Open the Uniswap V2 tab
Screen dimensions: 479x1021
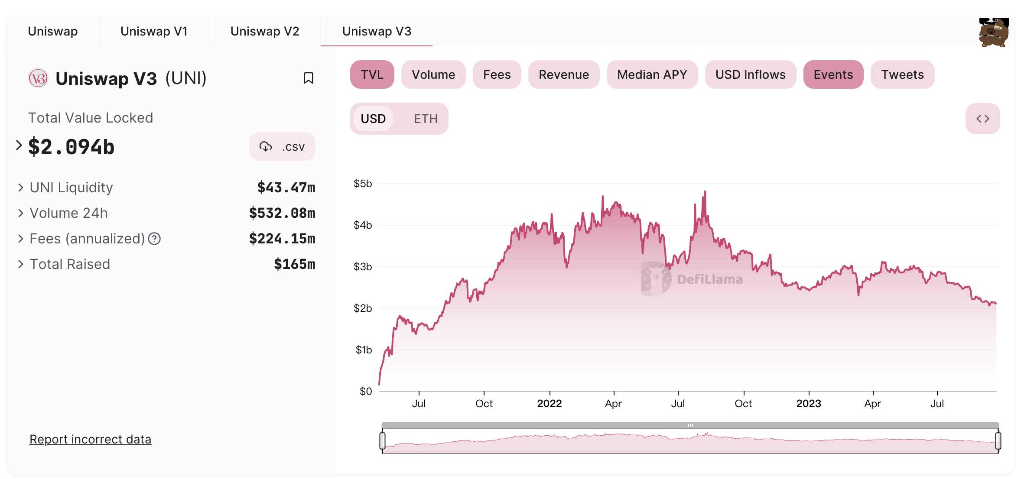tap(265, 32)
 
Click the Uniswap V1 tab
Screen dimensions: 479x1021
tap(154, 32)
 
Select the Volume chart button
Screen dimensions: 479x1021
tap(433, 74)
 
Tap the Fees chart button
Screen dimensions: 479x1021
tap(497, 74)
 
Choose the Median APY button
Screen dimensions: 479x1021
tap(652, 74)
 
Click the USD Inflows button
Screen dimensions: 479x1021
tap(750, 74)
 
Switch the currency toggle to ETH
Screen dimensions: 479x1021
tap(426, 119)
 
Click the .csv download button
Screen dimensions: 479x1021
tap(282, 147)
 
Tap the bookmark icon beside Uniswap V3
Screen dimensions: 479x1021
tap(309, 78)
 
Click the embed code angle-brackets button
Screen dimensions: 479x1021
tap(982, 119)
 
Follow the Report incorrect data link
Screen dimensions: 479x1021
tap(90, 439)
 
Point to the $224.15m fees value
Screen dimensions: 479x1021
tap(282, 239)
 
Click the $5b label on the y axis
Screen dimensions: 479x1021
tap(363, 184)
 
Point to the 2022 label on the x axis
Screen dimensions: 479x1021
tap(549, 404)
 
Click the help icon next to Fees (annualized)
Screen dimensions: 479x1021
tap(154, 239)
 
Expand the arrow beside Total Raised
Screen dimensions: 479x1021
tap(20, 264)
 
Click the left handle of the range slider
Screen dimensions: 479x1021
tap(382, 440)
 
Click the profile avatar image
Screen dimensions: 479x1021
tap(994, 32)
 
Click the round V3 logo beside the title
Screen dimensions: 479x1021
tap(38, 78)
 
